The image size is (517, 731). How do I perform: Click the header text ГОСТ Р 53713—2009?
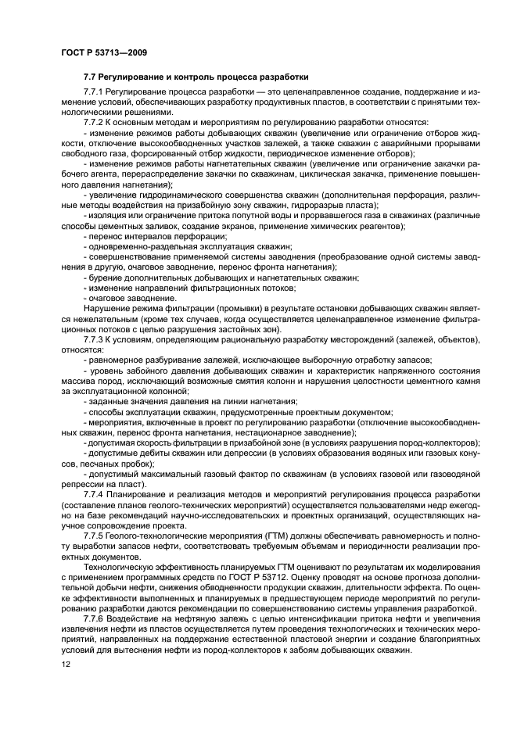tap(104, 52)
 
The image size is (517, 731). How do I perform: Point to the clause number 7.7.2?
tap(96, 123)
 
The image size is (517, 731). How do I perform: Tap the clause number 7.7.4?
tap(96, 496)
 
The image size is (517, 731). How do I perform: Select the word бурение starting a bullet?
tap(105, 278)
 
